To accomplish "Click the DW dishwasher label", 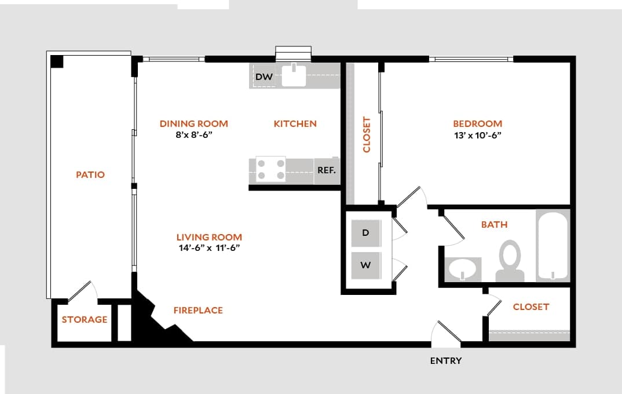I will (264, 76).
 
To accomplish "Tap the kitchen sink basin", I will (294, 75).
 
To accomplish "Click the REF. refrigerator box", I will (327, 170).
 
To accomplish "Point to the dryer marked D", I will (365, 233).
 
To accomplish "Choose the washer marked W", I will (365, 265).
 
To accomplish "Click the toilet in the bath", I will (510, 262).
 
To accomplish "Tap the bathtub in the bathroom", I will (553, 246).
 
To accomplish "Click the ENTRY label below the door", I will (446, 360).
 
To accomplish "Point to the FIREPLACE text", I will (198, 310).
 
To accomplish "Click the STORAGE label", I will (85, 319).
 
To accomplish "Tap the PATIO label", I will (90, 174).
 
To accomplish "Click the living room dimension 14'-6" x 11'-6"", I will (208, 248).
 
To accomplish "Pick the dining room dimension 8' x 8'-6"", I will (193, 135).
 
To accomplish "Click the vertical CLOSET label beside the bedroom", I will (366, 134).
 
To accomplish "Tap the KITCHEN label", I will (295, 123).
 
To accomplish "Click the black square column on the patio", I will (57, 61).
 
